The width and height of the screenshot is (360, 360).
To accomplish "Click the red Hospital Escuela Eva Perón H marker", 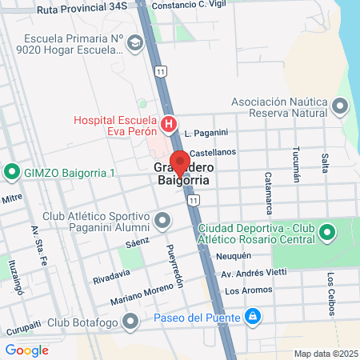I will click(169, 124).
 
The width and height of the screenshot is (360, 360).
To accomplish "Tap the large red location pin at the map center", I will click(180, 163).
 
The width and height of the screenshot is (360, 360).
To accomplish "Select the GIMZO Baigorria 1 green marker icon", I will click(12, 172).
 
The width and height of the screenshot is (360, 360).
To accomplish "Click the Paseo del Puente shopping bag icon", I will click(253, 318).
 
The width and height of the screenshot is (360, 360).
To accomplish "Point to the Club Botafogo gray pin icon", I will click(132, 322).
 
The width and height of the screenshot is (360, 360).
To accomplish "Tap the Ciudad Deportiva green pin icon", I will click(326, 233).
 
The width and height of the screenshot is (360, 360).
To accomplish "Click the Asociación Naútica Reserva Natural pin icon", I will click(341, 106).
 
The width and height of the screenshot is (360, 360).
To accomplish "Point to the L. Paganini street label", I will click(206, 133).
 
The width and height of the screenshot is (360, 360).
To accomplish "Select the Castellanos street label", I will click(213, 152).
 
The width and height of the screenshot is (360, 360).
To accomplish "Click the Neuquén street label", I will click(234, 256).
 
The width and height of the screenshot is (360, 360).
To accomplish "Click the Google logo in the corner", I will click(26, 350).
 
